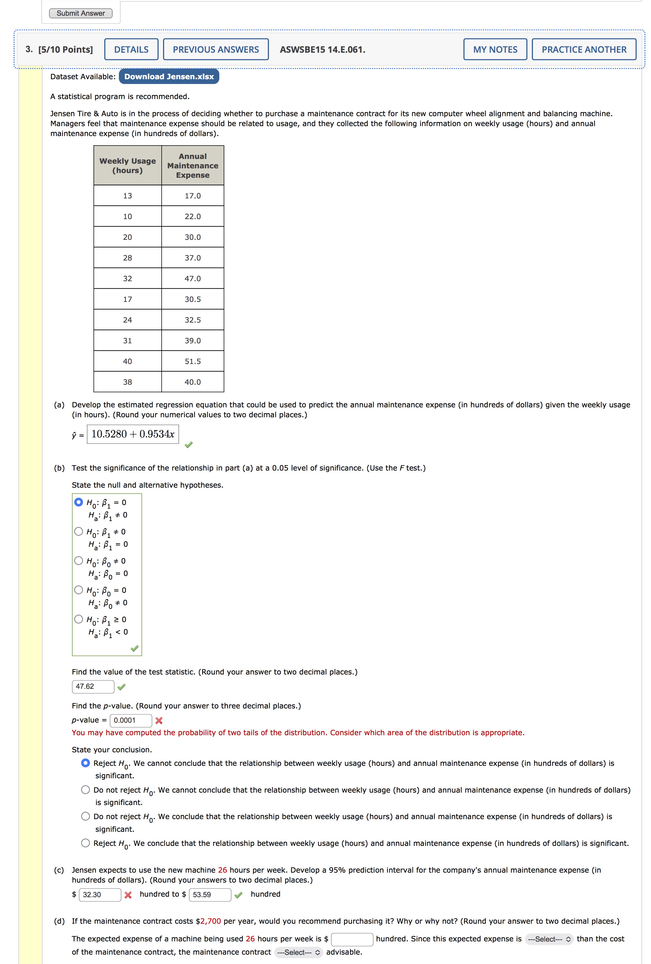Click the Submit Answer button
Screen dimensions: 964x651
click(x=81, y=13)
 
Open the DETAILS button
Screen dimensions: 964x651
click(x=131, y=49)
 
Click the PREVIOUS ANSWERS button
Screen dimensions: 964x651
click(x=216, y=49)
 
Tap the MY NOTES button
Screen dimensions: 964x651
click(x=495, y=49)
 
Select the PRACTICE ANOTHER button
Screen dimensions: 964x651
click(x=583, y=49)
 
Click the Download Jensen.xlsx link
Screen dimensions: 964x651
click(x=169, y=77)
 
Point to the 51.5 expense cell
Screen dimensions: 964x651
click(x=192, y=361)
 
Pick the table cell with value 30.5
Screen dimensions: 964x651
click(x=192, y=299)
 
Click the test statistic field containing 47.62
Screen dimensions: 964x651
click(x=93, y=686)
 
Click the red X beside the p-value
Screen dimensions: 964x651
click(x=159, y=721)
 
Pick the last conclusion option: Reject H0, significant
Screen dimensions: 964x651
click(x=86, y=843)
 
